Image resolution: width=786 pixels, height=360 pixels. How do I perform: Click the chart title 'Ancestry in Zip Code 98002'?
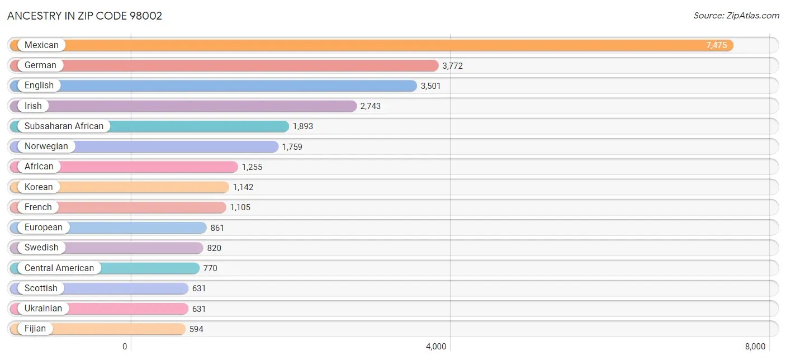click(84, 16)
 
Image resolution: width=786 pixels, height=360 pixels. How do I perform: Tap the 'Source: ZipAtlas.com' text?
click(736, 16)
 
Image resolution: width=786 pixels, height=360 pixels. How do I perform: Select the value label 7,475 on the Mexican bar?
click(716, 45)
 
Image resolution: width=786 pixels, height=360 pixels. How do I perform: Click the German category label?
click(40, 65)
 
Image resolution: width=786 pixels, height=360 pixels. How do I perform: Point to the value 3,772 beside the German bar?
click(452, 66)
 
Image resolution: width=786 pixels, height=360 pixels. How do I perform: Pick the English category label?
click(39, 86)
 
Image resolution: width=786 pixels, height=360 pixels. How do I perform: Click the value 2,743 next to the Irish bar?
click(370, 106)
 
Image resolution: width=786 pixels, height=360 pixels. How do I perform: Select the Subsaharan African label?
click(64, 126)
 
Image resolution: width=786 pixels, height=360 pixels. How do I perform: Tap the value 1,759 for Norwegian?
click(292, 146)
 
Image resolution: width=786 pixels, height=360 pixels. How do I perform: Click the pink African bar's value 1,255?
click(252, 167)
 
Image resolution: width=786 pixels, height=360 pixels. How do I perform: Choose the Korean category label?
click(39, 187)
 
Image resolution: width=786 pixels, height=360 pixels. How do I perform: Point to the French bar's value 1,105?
click(240, 207)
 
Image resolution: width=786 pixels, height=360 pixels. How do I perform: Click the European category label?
click(44, 228)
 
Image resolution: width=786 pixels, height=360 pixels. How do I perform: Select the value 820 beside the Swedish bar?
click(214, 248)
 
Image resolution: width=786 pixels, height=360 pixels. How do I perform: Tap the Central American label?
click(59, 268)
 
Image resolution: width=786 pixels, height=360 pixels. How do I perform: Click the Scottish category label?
click(41, 288)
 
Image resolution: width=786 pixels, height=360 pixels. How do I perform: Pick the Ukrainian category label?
click(43, 309)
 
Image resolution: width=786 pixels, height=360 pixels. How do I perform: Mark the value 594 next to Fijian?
click(196, 329)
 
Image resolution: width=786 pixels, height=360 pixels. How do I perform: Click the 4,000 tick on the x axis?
click(436, 347)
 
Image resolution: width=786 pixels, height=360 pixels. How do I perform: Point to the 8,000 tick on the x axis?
click(755, 347)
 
